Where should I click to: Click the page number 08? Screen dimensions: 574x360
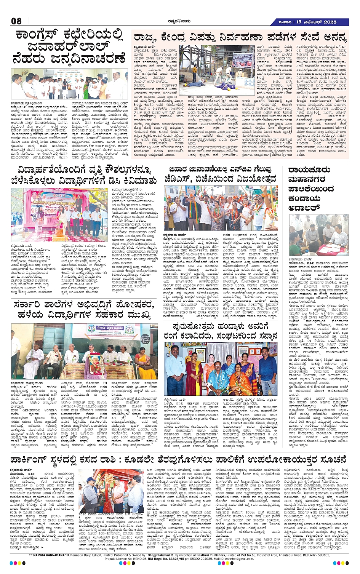16,21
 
